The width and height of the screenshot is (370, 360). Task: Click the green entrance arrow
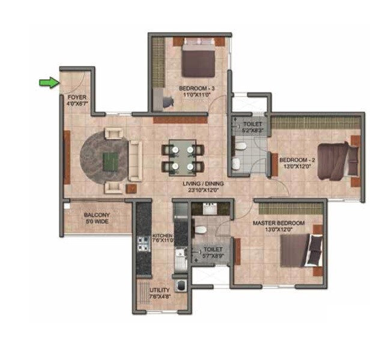click(48, 82)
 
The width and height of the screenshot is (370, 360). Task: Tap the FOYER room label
click(76, 96)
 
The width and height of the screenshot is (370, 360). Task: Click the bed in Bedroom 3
click(198, 58)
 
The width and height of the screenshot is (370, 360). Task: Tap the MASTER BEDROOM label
click(278, 223)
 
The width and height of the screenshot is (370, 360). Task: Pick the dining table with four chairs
click(182, 156)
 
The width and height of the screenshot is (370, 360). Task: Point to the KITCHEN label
click(162, 236)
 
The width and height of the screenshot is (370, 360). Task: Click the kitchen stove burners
click(144, 244)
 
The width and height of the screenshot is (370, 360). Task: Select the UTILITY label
click(159, 290)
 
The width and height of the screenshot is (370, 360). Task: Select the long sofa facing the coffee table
click(135, 160)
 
